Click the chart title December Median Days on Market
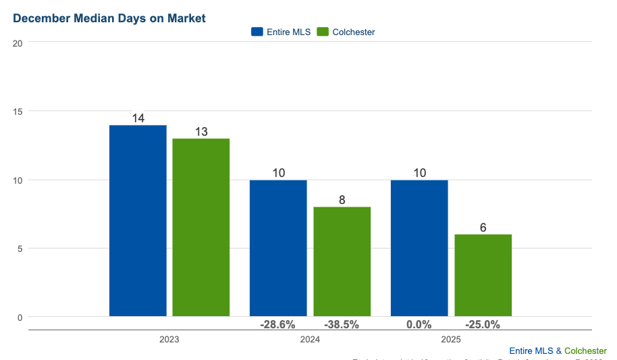109,18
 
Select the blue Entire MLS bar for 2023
138,220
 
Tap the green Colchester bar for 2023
201,227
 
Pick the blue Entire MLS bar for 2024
278,248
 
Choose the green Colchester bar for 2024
342,261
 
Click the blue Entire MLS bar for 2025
419,248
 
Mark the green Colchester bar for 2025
483,275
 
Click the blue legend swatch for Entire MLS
257,32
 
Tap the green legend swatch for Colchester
322,32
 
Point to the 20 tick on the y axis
18,43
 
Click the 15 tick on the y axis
18,111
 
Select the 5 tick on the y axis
20,249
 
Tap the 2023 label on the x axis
169,340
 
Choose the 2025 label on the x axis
451,340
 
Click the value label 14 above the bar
138,118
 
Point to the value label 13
201,132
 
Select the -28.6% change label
277,324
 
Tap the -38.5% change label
342,324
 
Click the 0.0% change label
419,324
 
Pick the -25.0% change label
483,324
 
